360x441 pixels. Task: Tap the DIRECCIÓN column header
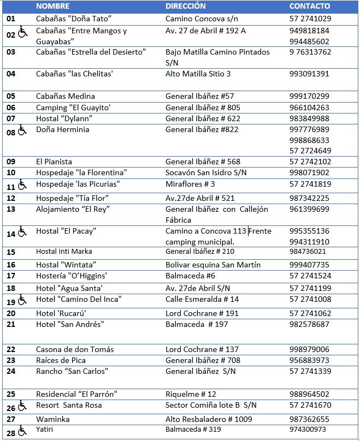click(186, 7)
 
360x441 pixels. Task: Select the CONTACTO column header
click(310, 7)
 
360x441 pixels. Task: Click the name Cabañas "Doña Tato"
click(74, 19)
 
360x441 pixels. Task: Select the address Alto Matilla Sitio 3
click(198, 74)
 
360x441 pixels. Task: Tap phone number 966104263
click(309, 108)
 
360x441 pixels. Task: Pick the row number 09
click(11, 162)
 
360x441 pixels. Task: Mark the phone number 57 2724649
click(310, 151)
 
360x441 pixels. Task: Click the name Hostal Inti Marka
click(64, 252)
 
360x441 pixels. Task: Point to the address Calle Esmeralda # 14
click(202, 299)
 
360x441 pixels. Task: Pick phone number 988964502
click(309, 394)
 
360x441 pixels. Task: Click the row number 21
click(11, 324)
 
